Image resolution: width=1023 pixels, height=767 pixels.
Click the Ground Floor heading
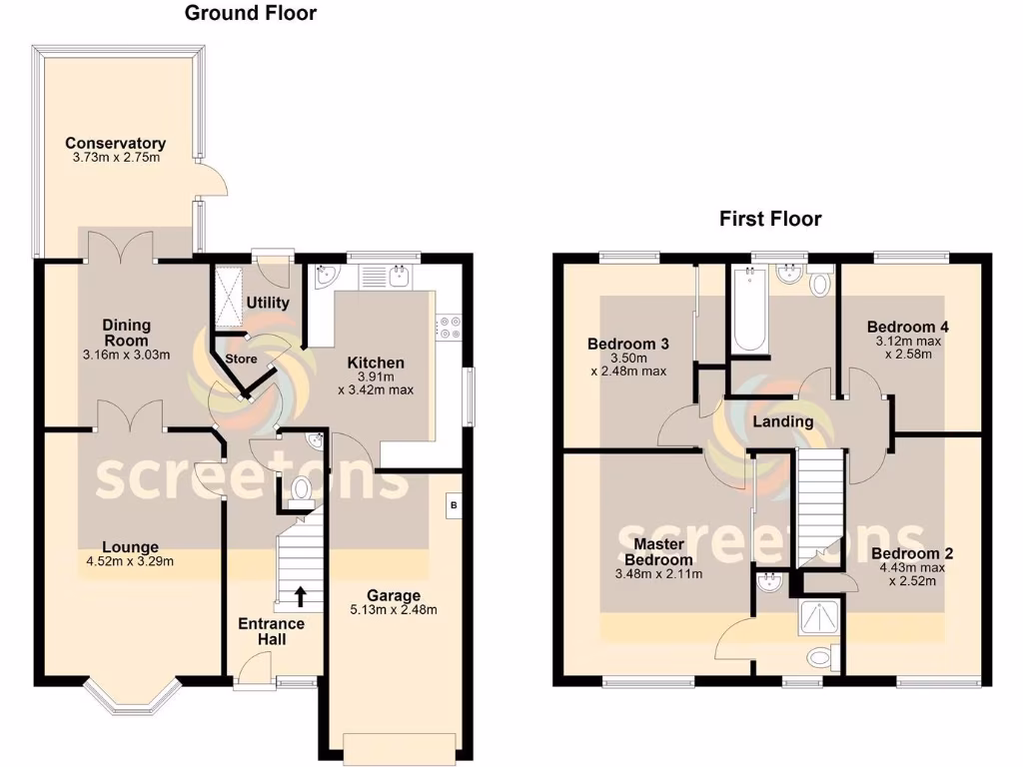tap(251, 13)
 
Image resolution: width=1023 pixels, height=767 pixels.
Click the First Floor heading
tap(770, 219)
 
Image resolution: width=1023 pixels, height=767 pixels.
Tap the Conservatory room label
tap(115, 143)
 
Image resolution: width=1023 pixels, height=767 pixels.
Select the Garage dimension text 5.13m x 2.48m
tap(393, 610)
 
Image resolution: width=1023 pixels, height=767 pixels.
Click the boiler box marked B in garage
tap(454, 505)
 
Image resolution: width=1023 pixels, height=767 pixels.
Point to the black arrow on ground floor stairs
tap(300, 597)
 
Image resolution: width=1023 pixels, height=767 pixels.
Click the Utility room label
tap(268, 303)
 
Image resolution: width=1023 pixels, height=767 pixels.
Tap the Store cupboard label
tap(241, 359)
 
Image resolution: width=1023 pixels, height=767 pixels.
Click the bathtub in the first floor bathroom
tap(750, 312)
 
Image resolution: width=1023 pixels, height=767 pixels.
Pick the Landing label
tap(782, 421)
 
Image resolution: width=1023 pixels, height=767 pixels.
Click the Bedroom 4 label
tap(907, 327)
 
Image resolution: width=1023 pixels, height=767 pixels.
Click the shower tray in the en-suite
tap(819, 618)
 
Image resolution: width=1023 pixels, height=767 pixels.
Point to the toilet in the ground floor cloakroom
tap(301, 489)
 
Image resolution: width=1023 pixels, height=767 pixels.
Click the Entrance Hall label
tap(271, 631)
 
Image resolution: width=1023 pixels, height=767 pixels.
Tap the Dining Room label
tap(126, 333)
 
